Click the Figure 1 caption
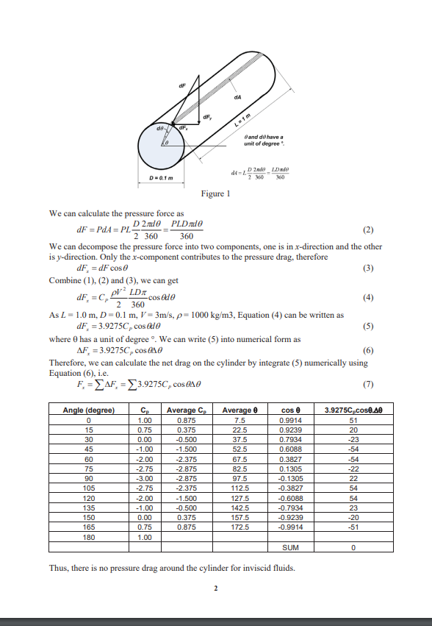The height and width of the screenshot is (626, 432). [215, 193]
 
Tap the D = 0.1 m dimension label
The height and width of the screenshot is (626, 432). [162, 178]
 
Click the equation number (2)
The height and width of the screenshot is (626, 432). [369, 230]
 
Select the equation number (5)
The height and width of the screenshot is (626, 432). [369, 327]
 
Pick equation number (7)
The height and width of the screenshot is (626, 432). [369, 383]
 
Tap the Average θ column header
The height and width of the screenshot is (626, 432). [237, 409]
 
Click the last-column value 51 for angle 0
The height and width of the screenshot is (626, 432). [353, 419]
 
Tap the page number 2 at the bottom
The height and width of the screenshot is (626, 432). [216, 588]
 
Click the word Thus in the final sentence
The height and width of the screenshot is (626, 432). [58, 567]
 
